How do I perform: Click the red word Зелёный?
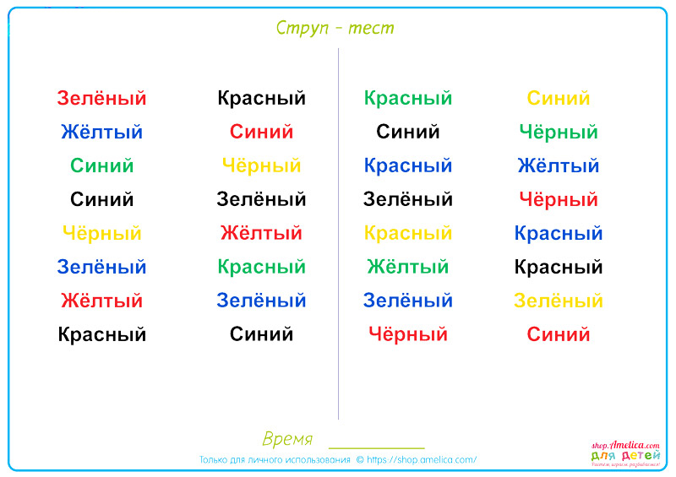pos(101,98)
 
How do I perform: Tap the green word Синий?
pos(101,165)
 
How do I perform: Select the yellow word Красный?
pos(408,233)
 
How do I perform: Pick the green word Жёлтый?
pos(408,267)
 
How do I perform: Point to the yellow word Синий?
pos(559,98)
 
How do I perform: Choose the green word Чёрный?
pos(559,132)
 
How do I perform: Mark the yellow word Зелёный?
pos(559,301)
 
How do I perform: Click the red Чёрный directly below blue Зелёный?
pos(408,334)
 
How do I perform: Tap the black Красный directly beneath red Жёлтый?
pos(101,334)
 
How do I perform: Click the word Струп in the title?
pos(303,28)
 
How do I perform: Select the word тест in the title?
pos(371,29)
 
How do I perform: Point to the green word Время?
pos(287,439)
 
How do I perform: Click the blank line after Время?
pos(377,448)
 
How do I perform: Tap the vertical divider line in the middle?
pos(339,234)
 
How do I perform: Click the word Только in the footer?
pos(214,460)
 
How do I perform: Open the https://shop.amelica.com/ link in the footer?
pos(422,460)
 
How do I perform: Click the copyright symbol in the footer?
pos(360,460)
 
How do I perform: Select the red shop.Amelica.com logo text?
pos(625,445)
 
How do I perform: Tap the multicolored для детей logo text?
pos(625,455)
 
